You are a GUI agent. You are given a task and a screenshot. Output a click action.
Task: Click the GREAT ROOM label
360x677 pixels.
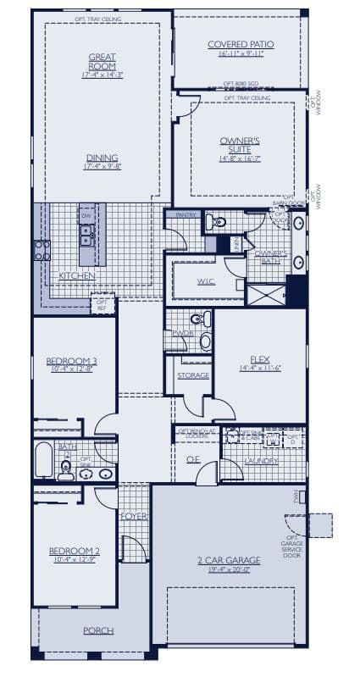click(102, 62)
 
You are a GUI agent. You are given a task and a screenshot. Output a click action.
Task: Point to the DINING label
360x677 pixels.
click(102, 158)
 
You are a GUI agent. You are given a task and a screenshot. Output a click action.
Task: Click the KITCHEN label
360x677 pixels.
click(77, 276)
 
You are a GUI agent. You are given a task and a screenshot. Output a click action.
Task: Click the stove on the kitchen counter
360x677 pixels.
click(41, 250)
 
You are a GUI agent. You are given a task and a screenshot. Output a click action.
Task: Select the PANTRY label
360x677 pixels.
click(186, 215)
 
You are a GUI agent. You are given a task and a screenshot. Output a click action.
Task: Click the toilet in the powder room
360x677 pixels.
click(197, 320)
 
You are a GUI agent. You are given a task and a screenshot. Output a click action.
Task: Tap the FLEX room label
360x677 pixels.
click(259, 359)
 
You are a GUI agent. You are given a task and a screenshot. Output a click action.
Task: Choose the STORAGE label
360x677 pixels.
click(192, 375)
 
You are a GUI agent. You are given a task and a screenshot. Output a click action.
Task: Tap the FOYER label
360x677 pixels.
click(132, 515)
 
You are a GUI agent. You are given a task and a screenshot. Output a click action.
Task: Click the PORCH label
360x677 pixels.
click(97, 630)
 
